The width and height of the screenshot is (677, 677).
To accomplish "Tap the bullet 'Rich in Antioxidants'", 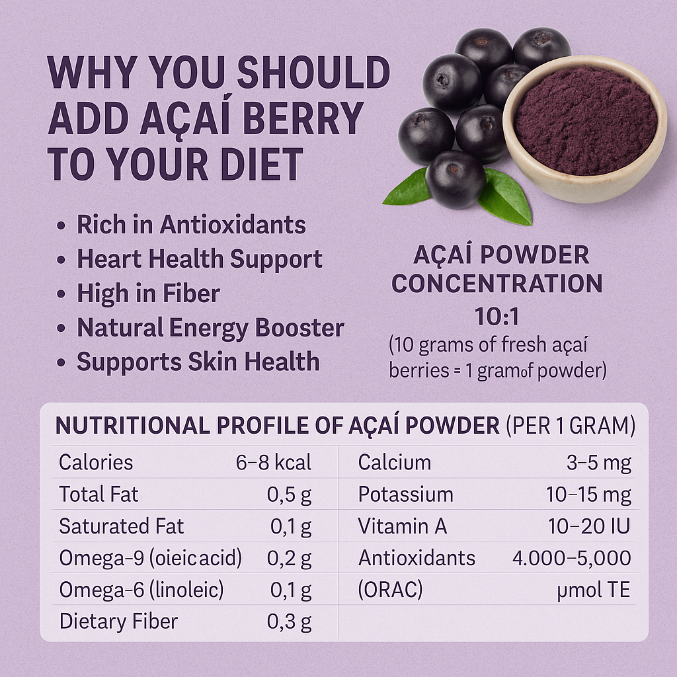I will pos(191,225).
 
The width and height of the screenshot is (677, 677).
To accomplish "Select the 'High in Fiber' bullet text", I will pos(148,294).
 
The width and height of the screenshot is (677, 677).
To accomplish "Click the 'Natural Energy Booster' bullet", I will pos(210,328).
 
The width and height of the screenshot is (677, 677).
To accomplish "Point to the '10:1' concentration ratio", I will pos(497,318).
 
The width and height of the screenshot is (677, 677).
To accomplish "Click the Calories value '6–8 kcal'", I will pos(273,463).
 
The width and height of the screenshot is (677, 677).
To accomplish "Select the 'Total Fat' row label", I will pos(99,495).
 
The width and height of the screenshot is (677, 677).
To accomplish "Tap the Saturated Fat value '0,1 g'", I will pos(291,527).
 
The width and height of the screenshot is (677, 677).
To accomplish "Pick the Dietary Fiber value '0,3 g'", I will pos(289,622).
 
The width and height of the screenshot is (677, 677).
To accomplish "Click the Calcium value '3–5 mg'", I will pos(598,463).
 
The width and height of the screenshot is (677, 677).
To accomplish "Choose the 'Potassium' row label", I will pos(405,495).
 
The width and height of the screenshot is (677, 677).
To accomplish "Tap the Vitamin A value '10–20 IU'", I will pos(589,527).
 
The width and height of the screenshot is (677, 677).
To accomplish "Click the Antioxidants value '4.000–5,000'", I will pos(571,559).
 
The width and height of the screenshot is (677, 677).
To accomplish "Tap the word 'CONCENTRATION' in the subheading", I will pos(497,284).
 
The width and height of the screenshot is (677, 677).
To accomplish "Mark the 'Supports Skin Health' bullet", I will pos(198,362).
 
